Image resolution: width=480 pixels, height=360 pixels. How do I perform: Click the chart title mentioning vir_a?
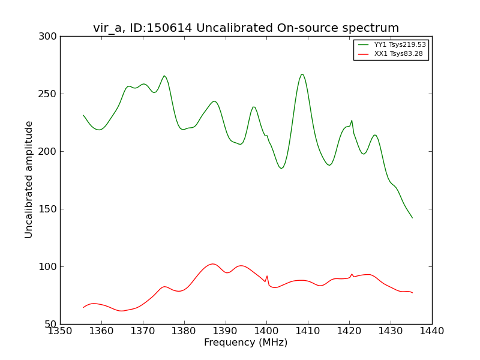(x=246, y=28)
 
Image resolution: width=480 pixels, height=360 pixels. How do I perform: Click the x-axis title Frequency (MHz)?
(x=245, y=343)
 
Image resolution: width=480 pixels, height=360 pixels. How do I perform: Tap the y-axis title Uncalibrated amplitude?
(x=29, y=179)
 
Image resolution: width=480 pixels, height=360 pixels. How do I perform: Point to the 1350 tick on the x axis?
(x=60, y=331)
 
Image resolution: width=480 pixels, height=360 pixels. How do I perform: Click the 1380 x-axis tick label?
(x=184, y=331)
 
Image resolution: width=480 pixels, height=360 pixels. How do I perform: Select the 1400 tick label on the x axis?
(x=266, y=331)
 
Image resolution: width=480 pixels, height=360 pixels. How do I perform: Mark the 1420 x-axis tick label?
(x=349, y=331)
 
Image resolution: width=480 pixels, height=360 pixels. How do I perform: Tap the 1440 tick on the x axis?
(x=431, y=331)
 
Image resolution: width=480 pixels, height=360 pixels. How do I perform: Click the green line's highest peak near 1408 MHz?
(x=302, y=74)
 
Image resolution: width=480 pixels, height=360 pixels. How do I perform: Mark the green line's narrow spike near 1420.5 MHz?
(x=352, y=120)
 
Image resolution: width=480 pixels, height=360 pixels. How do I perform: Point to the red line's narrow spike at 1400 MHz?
(x=267, y=276)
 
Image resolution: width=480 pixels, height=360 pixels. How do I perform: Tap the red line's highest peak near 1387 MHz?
(x=212, y=263)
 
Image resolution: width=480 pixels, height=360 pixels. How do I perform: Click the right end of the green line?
(x=412, y=218)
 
